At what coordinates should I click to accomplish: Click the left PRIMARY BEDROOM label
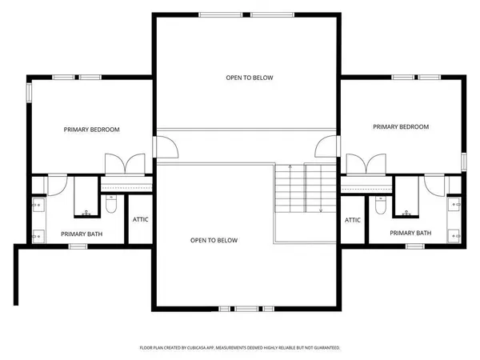tap(92, 130)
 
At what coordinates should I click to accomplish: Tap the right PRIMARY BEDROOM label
tap(401, 127)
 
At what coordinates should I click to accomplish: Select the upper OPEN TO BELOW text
tap(248, 78)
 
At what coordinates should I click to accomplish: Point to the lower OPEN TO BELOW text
tap(214, 240)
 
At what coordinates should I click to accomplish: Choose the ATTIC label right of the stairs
tap(353, 220)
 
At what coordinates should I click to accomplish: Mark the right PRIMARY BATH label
tap(410, 233)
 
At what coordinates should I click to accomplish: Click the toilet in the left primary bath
tap(112, 205)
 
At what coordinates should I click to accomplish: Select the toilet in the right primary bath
tap(381, 205)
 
